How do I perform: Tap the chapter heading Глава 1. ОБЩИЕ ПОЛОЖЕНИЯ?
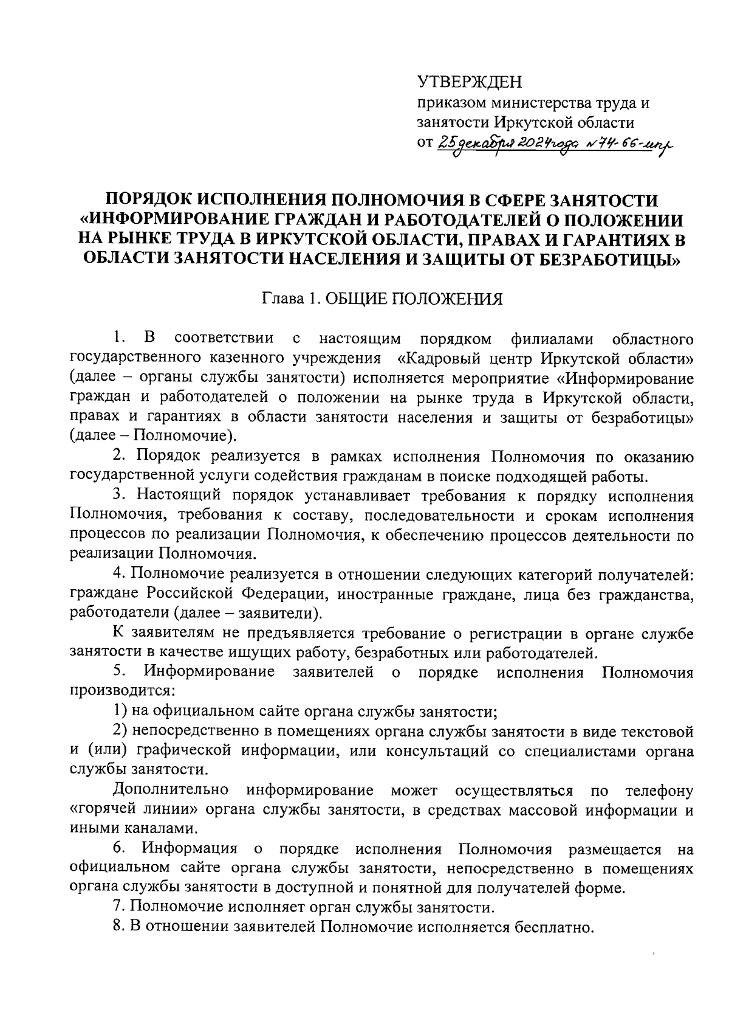coord(382,299)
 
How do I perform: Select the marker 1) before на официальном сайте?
coord(120,711)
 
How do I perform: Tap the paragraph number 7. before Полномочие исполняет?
coord(118,908)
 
